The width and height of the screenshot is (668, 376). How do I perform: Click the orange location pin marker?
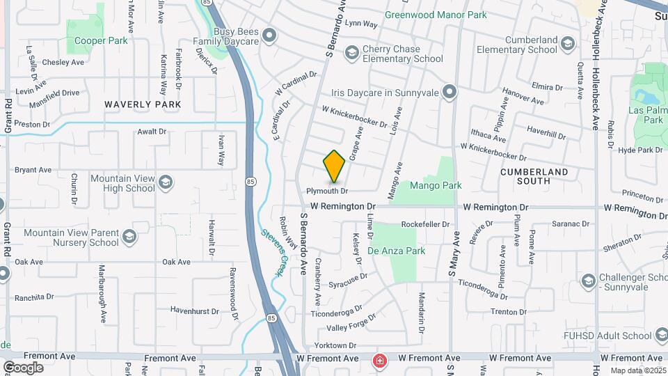[x=334, y=166]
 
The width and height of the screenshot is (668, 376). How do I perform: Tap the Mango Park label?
[x=436, y=186]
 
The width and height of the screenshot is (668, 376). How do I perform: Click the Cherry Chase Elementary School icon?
[x=352, y=52]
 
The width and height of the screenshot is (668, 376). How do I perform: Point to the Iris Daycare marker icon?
[x=450, y=92]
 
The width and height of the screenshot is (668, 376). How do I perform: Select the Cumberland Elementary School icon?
[x=568, y=44]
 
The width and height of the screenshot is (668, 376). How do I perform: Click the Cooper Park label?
[x=101, y=40]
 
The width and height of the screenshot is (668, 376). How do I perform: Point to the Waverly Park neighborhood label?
[x=143, y=104]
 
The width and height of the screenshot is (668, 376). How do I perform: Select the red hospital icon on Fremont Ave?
[x=379, y=360]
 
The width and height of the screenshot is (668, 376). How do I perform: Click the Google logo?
[x=23, y=367]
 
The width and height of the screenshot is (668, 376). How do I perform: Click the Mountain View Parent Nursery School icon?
[x=129, y=237]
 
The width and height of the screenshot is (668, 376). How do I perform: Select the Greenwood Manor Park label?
[x=436, y=14]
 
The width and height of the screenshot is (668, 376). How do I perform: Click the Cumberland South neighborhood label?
[x=534, y=176]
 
